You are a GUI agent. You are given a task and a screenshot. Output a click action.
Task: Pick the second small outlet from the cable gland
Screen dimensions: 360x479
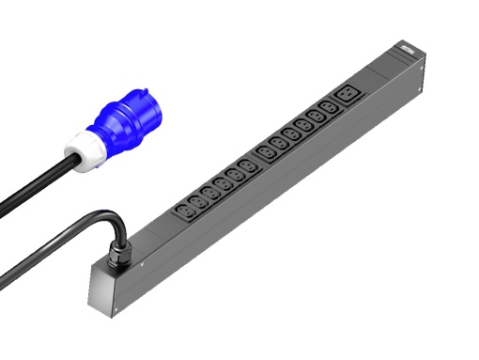click(x=199, y=201)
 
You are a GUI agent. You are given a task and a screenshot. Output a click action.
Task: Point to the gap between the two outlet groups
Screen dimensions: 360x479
click(x=258, y=160)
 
